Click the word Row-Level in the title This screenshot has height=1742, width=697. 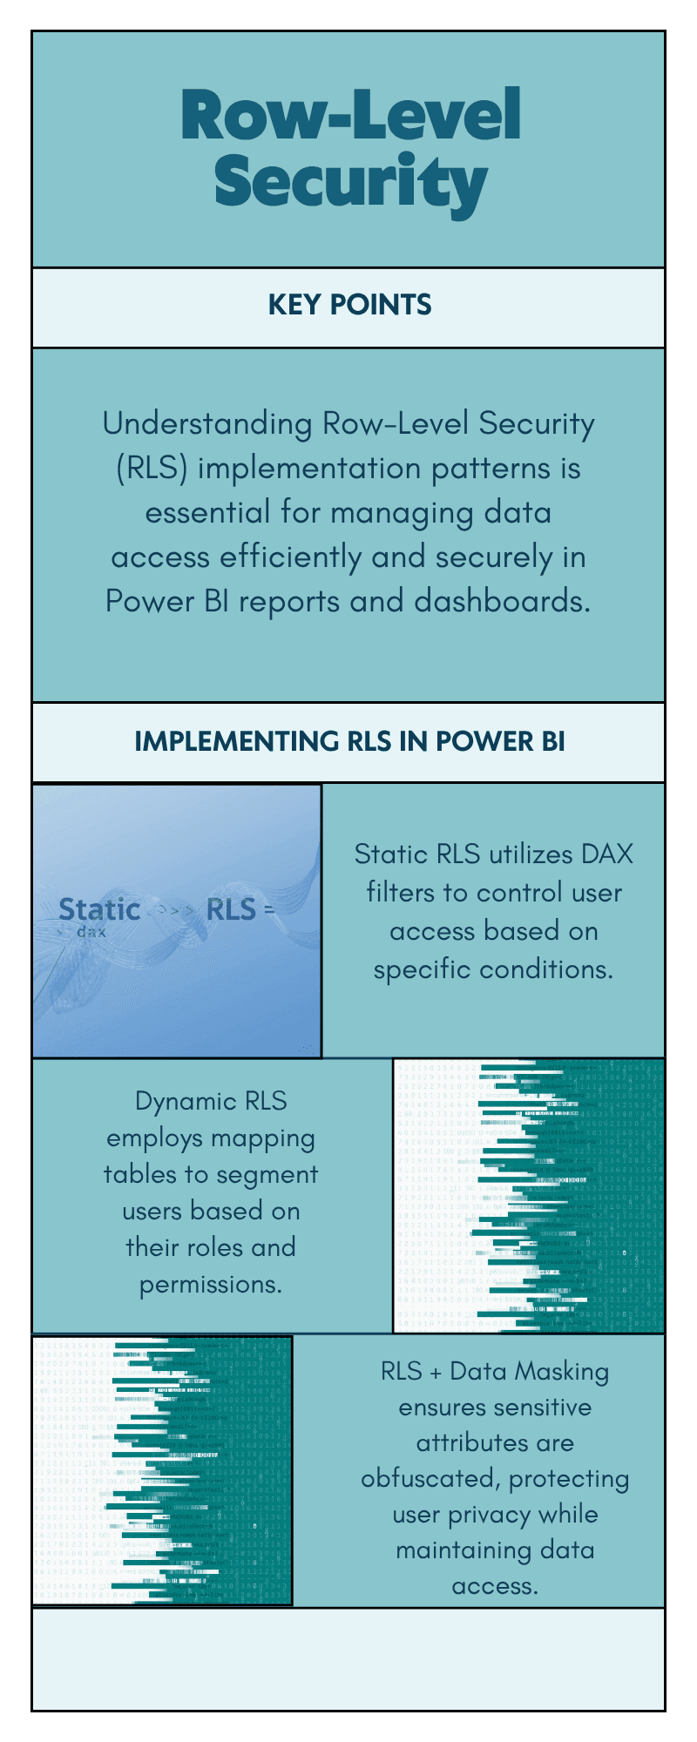pyautogui.click(x=350, y=115)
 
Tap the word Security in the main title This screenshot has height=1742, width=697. pyautogui.click(x=350, y=181)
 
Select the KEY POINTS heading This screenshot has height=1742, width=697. pyautogui.click(x=349, y=305)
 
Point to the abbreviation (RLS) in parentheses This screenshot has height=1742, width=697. pyautogui.click(x=152, y=469)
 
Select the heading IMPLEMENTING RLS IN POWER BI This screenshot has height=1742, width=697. pyautogui.click(x=349, y=741)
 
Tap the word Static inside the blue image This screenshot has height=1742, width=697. pyautogui.click(x=98, y=909)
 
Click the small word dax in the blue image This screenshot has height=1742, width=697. pyautogui.click(x=91, y=932)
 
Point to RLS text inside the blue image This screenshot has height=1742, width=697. pyautogui.click(x=231, y=909)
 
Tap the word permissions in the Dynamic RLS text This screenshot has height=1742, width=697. pyautogui.click(x=210, y=1285)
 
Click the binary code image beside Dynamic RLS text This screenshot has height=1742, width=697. pyautogui.click(x=529, y=1196)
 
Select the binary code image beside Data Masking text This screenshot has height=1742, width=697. pyautogui.click(x=163, y=1471)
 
